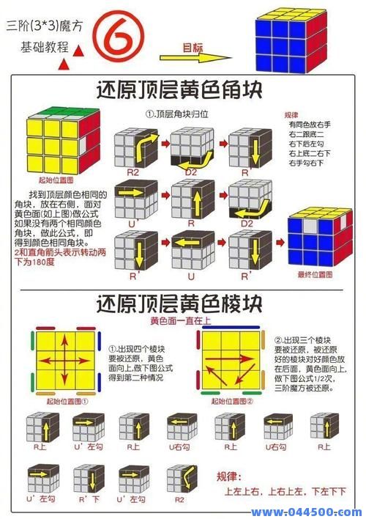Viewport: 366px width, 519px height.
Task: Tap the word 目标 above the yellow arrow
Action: pos(193,48)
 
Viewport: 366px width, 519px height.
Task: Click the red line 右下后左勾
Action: pos(307,144)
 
